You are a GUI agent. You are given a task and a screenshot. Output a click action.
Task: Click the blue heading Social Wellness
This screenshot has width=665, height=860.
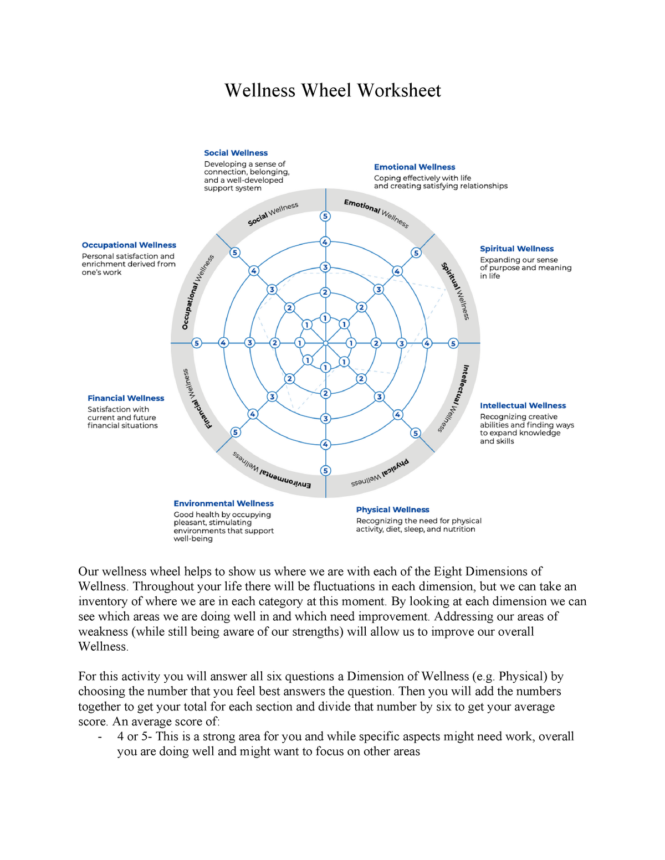pos(236,153)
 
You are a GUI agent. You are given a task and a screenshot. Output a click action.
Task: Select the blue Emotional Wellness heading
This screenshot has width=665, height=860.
pos(415,167)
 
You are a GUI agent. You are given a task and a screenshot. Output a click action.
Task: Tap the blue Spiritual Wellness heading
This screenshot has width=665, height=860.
pos(516,249)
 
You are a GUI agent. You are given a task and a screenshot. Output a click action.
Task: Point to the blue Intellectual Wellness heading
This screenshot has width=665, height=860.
pos(523,405)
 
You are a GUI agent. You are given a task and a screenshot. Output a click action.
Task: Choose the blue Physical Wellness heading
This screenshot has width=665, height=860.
pos(392,509)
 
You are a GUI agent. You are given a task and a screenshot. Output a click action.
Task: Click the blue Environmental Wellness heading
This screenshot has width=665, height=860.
pos(223,503)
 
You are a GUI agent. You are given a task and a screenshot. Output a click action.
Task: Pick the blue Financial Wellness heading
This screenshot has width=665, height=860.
pos(126,398)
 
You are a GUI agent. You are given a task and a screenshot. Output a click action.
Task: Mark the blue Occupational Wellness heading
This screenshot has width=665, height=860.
pos(129,245)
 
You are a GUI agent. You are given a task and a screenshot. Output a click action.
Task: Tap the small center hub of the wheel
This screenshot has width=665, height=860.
pos(326,343)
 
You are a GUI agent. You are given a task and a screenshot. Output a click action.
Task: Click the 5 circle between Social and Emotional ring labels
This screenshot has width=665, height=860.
pos(325,216)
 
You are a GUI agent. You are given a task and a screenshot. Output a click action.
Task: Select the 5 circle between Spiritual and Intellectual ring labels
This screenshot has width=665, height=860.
pos(453,343)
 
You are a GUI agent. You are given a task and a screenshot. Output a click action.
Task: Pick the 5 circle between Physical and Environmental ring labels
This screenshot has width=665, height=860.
pos(325,471)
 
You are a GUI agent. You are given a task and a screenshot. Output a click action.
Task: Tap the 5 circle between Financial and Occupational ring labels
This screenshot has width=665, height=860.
pos(196,343)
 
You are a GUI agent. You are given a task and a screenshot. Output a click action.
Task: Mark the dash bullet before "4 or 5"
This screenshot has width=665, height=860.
pos(100,737)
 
